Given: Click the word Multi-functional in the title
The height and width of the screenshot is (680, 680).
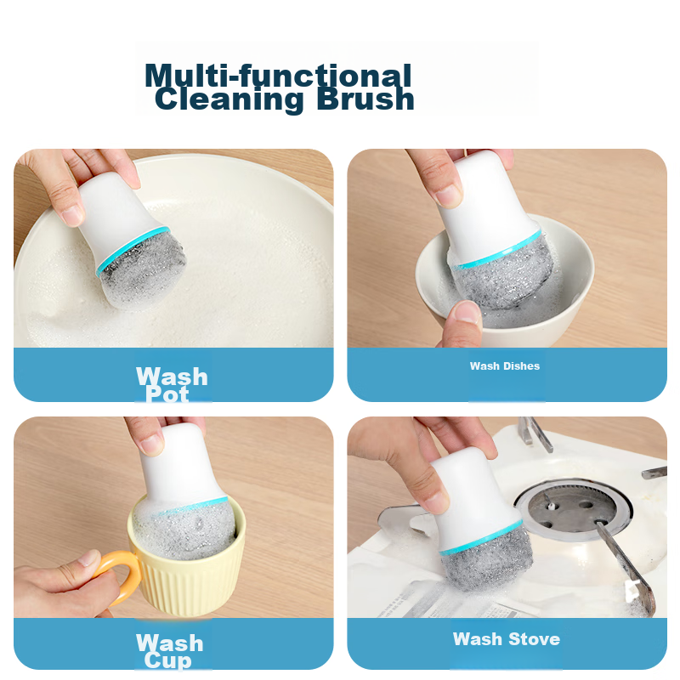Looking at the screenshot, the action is [x=278, y=75].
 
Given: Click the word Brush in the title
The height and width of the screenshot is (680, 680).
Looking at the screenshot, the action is [x=365, y=99].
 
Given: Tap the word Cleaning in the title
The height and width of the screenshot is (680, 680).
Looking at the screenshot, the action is [x=229, y=100].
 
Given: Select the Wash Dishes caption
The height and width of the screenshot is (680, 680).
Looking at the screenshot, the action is [x=505, y=366].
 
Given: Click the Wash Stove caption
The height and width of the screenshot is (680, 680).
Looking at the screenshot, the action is [x=507, y=639].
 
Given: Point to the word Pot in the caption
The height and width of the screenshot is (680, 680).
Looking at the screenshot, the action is [x=167, y=394].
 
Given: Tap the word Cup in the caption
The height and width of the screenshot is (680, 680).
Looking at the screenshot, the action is [x=167, y=660].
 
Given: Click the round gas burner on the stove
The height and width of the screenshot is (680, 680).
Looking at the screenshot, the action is [x=573, y=509].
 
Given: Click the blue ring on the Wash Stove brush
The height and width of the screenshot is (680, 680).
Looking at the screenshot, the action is [x=481, y=538].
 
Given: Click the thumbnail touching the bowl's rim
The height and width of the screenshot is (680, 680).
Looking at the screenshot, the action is [x=467, y=312].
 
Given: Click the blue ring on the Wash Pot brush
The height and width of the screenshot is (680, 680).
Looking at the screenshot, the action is [x=133, y=249].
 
